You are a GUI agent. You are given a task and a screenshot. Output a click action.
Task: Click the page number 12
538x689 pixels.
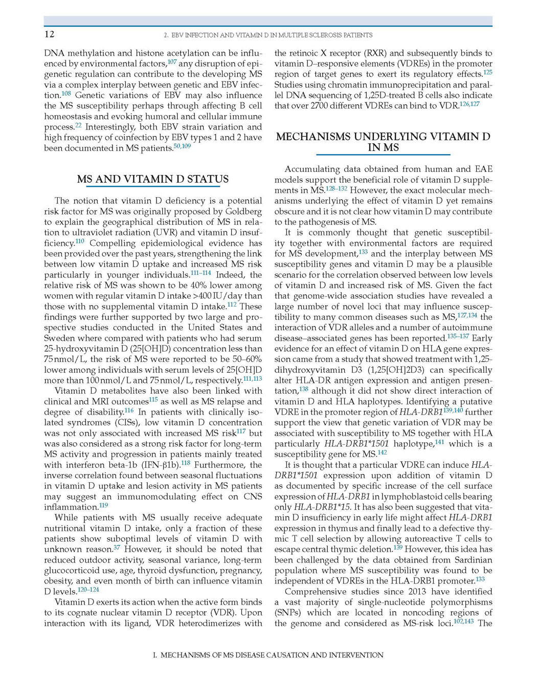pos(49,34)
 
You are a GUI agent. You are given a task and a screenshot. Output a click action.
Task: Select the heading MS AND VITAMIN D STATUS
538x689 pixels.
pos(153,179)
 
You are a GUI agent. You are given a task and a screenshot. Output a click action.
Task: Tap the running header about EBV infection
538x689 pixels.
pos(268,35)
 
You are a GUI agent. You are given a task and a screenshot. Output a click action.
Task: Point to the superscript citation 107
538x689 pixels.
pos(172,61)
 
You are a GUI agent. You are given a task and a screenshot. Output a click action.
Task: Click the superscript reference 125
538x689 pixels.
pos(488,72)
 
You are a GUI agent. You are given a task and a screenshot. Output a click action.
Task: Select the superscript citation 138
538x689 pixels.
pos(304,389)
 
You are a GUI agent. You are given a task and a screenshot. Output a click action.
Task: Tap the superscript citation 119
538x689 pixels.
pos(104,505)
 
